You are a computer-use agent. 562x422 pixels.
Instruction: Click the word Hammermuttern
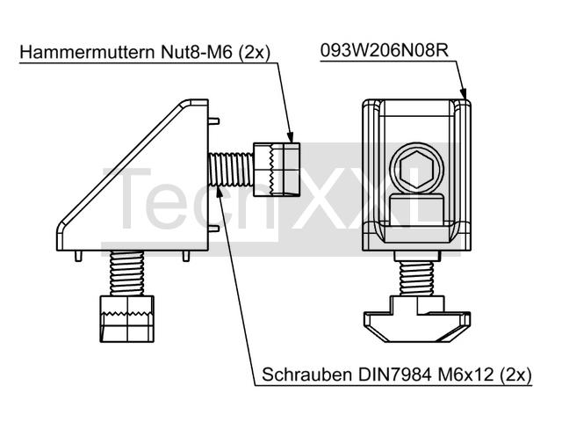[88, 52]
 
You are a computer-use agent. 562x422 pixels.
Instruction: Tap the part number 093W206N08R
[385, 51]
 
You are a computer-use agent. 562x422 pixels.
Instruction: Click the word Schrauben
[307, 375]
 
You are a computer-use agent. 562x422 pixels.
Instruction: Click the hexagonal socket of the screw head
[416, 169]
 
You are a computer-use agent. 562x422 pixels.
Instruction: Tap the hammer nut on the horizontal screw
[277, 170]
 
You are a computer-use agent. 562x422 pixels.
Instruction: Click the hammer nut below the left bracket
[126, 318]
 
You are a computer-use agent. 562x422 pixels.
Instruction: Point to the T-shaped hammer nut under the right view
[417, 318]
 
